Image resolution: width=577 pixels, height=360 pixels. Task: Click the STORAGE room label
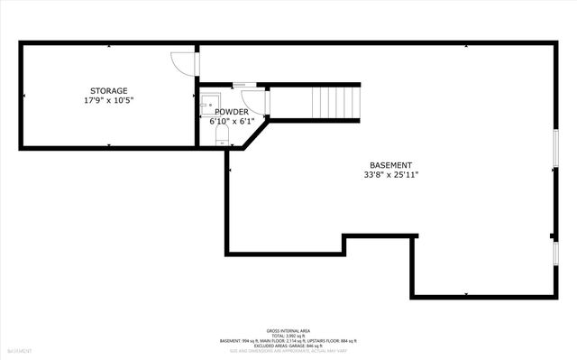pyautogui.click(x=107, y=90)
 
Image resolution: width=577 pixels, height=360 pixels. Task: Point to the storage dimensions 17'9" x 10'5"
pyautogui.click(x=107, y=100)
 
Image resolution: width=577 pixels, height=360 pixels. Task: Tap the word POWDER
pyautogui.click(x=231, y=111)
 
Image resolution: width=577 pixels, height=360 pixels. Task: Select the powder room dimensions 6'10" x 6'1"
pyautogui.click(x=232, y=121)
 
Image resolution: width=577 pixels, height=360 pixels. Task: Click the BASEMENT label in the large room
pyautogui.click(x=391, y=164)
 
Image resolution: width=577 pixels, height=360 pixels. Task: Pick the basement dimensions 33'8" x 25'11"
pyautogui.click(x=391, y=174)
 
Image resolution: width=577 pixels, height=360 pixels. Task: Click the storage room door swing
pyautogui.click(x=182, y=63)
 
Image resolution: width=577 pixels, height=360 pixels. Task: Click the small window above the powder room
pyautogui.click(x=244, y=84)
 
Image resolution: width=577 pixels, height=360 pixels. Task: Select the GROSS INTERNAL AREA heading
pyautogui.click(x=288, y=329)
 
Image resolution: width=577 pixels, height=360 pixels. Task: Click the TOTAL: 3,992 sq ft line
pyautogui.click(x=288, y=335)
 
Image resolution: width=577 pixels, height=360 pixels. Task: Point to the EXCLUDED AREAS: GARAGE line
pyautogui.click(x=288, y=346)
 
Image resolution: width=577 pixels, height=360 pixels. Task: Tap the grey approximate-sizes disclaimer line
pyautogui.click(x=288, y=351)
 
